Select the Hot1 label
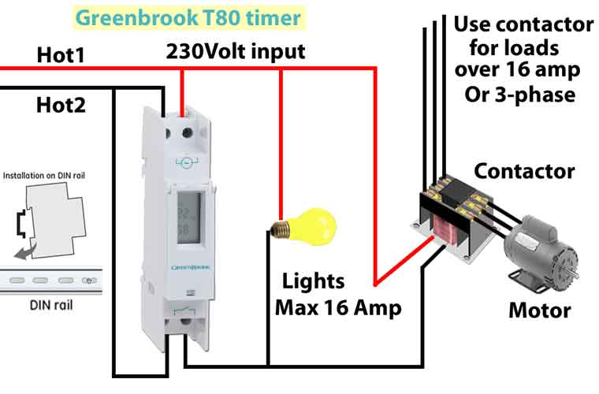pos(60,55)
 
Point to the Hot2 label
pos(61,104)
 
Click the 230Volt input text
pos(236,52)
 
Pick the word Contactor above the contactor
pos(524,170)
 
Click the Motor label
pos(539,310)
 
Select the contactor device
pos(452,217)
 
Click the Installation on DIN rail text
pos(54,174)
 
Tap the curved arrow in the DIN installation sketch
pos(26,251)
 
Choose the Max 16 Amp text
pos(338,307)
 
